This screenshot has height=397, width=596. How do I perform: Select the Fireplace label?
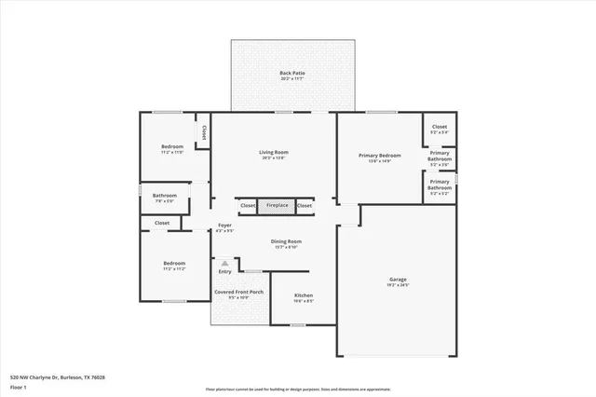pos(277,205)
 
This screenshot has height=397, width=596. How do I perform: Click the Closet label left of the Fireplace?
pos(248,205)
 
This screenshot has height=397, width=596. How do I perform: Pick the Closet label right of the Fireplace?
pos(304,205)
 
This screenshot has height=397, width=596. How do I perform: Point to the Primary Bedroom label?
pos(380,156)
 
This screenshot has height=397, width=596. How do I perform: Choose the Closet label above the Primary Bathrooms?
pos(440,127)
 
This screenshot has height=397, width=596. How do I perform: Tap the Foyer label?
pos(224,226)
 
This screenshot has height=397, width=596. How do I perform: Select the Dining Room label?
pos(286,241)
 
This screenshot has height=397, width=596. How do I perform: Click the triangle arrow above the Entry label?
pos(224,264)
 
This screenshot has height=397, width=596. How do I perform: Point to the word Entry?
pos(224,271)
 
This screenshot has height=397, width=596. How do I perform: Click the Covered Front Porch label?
pos(239,292)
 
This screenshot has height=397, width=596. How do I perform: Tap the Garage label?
pos(398,280)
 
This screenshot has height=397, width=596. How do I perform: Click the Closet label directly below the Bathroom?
pos(162,224)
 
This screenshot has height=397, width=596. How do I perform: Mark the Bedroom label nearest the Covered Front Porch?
pos(174,264)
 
